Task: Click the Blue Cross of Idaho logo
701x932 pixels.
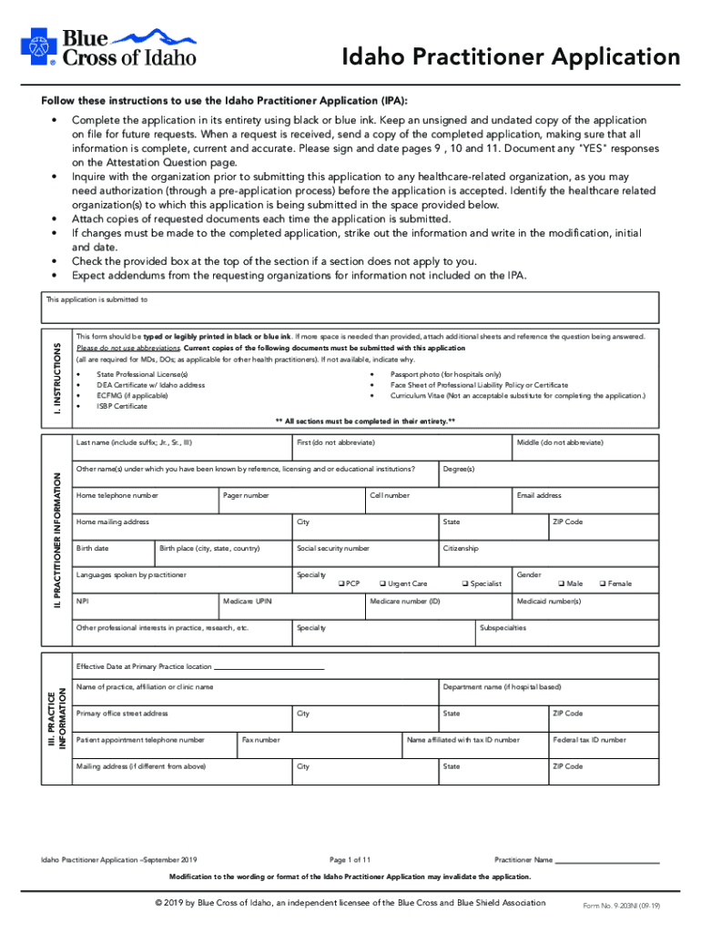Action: (107, 46)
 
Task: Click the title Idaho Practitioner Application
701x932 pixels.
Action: (510, 57)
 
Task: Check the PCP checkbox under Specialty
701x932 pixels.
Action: (341, 583)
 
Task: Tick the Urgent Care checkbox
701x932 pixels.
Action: (381, 583)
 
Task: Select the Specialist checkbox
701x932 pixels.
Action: (465, 583)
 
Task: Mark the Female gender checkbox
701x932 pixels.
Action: (602, 583)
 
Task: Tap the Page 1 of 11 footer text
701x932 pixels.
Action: (350, 859)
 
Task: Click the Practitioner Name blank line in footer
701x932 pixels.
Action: (607, 861)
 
